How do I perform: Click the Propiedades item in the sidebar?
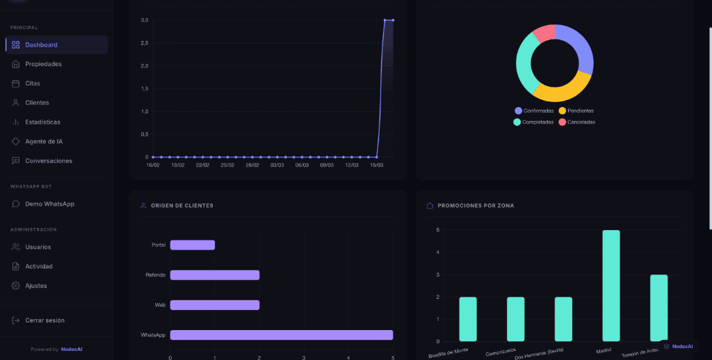[43, 64]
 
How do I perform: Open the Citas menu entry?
[33, 83]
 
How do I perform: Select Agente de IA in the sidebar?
[44, 141]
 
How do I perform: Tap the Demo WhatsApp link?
[49, 204]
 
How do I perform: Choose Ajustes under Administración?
[36, 286]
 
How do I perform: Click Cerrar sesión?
[44, 320]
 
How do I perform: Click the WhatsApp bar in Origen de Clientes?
[281, 335]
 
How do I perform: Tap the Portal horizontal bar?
[193, 245]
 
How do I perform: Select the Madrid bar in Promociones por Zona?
[610, 285]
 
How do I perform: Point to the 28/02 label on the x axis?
[252, 165]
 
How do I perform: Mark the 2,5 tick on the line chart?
[145, 43]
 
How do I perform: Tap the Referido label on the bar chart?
[155, 275]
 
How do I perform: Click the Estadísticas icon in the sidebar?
[16, 122]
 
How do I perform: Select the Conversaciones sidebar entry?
[49, 161]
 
